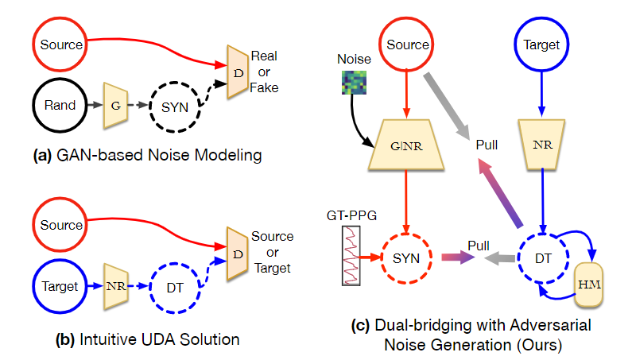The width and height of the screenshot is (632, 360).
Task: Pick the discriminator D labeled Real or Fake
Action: pos(236,72)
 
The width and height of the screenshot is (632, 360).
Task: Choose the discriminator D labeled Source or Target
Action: pos(236,254)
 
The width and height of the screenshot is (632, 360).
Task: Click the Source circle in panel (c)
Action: pos(408,45)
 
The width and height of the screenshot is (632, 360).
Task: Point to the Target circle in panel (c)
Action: pos(543,45)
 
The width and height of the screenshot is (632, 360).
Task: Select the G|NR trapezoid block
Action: pos(408,145)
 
